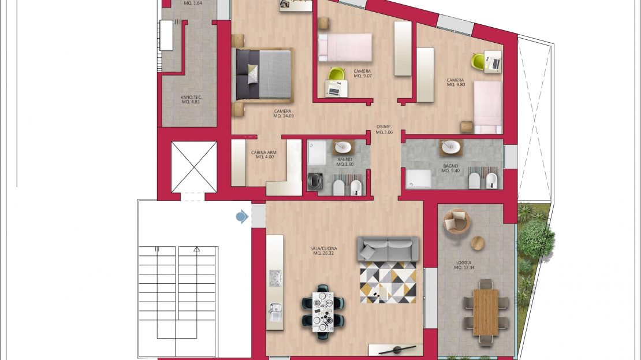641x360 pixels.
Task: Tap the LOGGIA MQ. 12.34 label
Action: pos(464,265)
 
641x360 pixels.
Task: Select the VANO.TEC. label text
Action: pos(191,97)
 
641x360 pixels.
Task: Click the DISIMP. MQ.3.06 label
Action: pos(384,129)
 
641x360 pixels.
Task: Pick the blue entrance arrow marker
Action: pos(242,217)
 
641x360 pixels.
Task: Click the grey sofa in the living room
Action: pos(387,248)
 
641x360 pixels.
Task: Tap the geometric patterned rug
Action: pos(388,282)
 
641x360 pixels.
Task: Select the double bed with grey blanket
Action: pos(263,75)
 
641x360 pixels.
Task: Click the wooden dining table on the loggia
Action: pos(486,311)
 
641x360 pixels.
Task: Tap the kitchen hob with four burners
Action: pos(275,278)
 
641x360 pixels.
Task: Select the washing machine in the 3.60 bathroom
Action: pos(315,181)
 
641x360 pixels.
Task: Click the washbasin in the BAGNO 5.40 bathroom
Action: pos(451,146)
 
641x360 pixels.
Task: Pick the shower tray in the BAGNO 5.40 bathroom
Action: pos(418,179)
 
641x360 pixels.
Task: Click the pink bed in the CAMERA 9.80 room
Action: pos(488,107)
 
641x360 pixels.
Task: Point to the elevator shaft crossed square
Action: pos(194,167)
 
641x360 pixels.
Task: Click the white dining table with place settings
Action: pos(323,311)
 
